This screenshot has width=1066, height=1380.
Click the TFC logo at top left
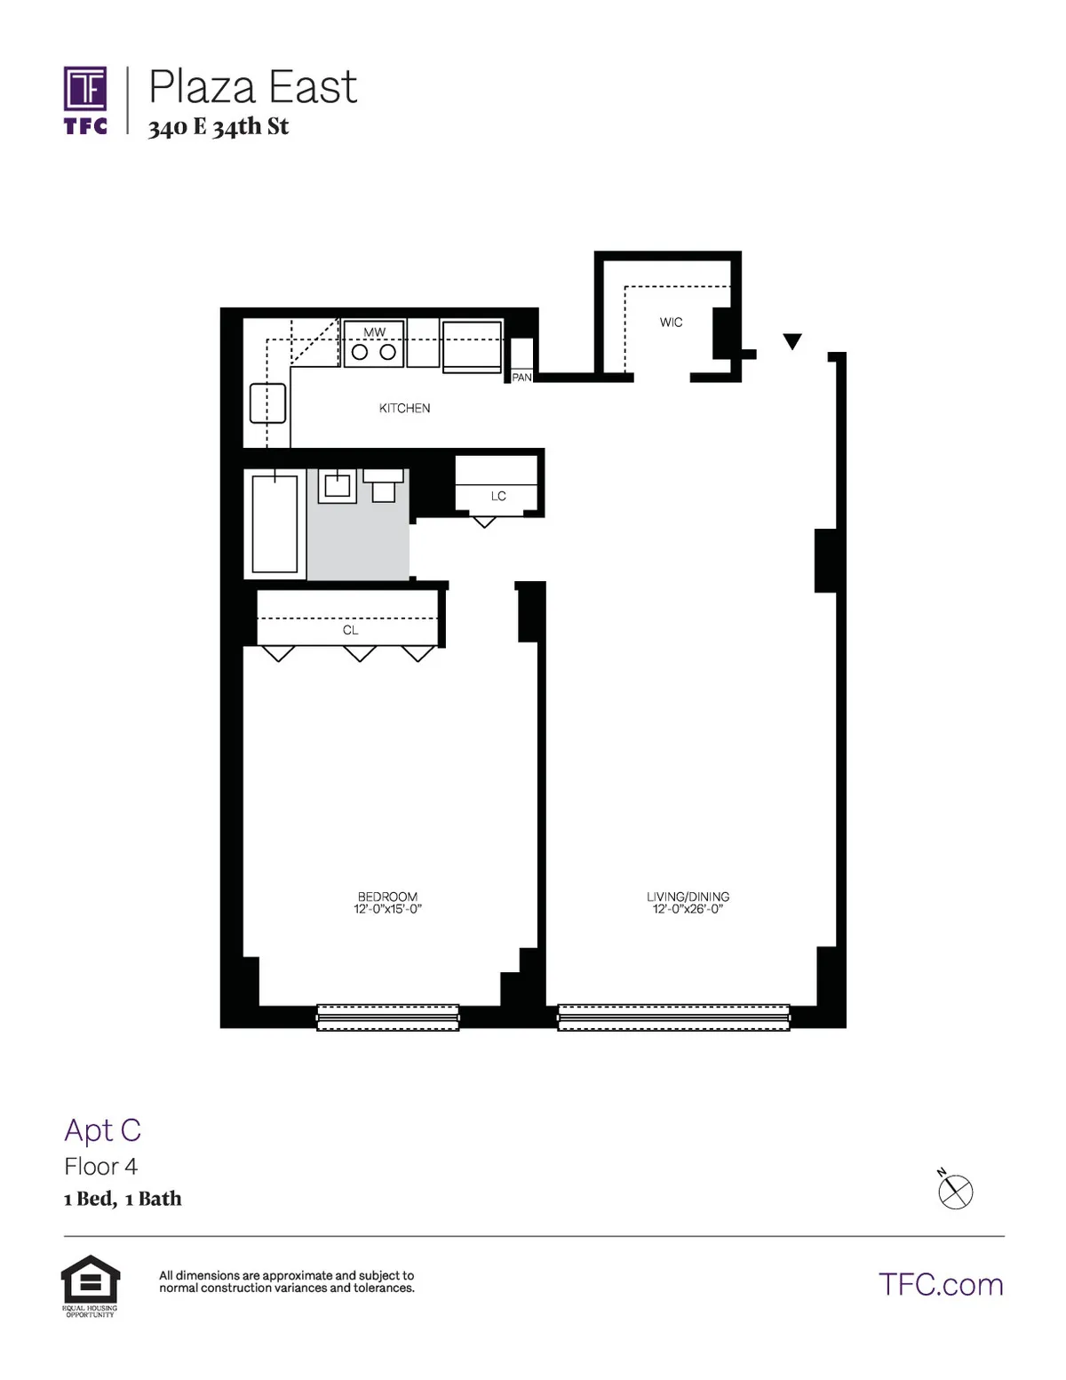point(85,100)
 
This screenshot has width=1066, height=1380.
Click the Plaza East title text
point(252,87)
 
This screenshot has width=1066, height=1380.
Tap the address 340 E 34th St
point(219,127)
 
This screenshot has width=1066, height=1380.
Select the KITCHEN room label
point(404,408)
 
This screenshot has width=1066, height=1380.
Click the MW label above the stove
point(375,332)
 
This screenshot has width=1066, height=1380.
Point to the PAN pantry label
point(521,378)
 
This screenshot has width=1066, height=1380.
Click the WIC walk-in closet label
point(671,322)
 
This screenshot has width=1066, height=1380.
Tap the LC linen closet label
point(497,496)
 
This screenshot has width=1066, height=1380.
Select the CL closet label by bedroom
point(350,630)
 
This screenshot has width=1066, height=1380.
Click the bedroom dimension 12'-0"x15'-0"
point(387,909)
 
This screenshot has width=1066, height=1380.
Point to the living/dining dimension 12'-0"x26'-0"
point(688,909)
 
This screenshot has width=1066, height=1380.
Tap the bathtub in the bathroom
point(274,523)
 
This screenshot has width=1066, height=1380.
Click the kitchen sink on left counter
point(267,403)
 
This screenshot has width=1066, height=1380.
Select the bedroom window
point(388,1017)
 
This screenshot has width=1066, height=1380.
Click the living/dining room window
point(673,1017)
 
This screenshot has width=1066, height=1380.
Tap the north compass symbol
point(955,1191)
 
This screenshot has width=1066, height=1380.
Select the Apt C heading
point(102,1130)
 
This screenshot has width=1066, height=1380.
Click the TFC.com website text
point(940,1285)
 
